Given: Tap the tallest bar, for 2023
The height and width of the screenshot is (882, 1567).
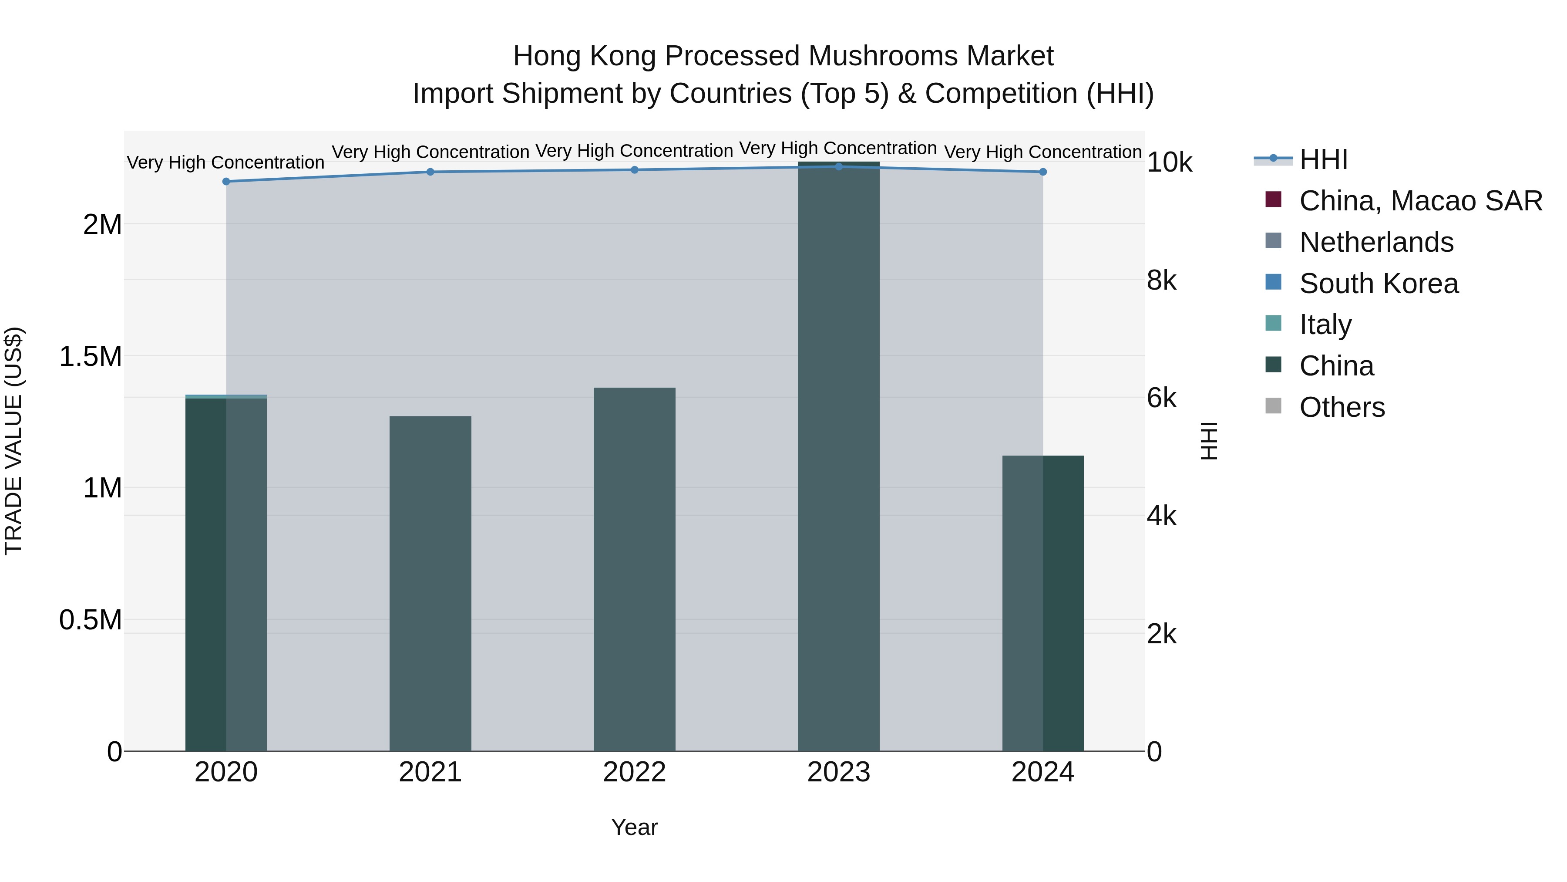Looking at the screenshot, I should click(x=838, y=456).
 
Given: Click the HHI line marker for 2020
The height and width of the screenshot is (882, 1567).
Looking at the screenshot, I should click(x=226, y=181).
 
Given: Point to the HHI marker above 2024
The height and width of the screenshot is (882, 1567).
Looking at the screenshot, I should click(x=1042, y=172).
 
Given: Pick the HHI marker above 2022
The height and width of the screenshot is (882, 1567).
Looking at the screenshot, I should click(x=635, y=170).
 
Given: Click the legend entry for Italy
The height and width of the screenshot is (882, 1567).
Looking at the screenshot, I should click(x=1325, y=324).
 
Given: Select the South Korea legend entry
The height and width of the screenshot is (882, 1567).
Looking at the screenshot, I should click(x=1379, y=284).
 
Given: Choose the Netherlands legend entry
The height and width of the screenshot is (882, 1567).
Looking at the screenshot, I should click(x=1376, y=242).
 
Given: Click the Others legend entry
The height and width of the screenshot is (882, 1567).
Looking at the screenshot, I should click(x=1342, y=407).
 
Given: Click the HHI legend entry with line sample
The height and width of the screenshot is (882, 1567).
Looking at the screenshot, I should click(x=1323, y=159).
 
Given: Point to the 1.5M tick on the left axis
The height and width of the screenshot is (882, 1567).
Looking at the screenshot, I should click(x=91, y=357).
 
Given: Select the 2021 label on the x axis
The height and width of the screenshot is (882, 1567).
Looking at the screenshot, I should click(x=430, y=772).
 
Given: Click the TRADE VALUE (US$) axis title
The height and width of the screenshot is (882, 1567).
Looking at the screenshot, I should click(x=13, y=441).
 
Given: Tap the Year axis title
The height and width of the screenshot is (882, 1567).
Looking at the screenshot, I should click(x=634, y=827).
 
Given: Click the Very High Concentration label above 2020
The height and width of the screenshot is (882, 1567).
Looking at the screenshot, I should click(x=225, y=162).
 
